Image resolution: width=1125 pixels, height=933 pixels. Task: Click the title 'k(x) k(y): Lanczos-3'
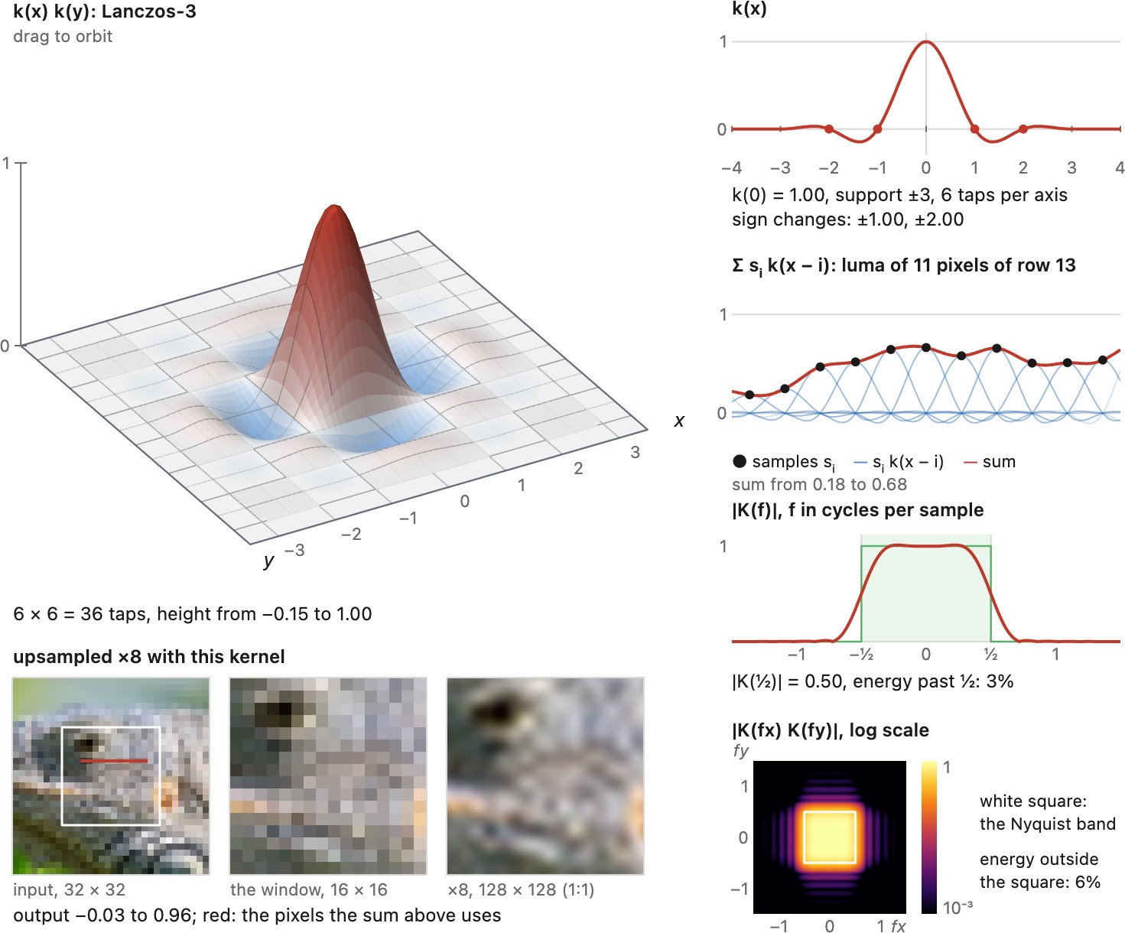105,11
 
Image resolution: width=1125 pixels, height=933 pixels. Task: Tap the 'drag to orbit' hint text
63,36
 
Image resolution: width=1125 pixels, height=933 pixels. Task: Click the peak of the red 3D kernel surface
334,206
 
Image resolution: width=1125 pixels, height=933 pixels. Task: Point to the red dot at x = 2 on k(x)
1023,129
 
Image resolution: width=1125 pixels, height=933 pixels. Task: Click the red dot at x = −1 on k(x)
877,129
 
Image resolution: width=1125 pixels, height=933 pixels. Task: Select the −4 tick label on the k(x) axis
732,168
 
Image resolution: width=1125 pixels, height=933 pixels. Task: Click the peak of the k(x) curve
925,41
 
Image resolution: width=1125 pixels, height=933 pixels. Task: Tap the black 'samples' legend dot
740,461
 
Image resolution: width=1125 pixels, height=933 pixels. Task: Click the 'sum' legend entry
990,462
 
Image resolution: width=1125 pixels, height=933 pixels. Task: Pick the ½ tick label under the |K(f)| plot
990,654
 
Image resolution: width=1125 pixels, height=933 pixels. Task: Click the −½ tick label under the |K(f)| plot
861,654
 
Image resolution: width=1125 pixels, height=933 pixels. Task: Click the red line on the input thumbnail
114,761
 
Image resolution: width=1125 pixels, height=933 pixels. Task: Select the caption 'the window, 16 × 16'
309,889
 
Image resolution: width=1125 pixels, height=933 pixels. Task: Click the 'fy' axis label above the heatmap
741,750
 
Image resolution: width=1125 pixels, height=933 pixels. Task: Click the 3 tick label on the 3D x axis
636,453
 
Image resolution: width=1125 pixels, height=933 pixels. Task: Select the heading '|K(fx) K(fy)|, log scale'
831,730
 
